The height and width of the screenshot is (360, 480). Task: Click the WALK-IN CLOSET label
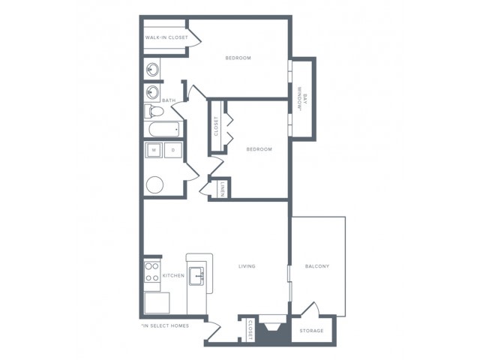tap(166, 37)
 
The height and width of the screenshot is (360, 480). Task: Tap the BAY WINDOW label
tap(301, 99)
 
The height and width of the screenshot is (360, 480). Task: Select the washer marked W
tap(154, 150)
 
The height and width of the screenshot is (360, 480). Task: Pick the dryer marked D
tap(173, 150)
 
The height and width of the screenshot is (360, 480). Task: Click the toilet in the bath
tap(154, 111)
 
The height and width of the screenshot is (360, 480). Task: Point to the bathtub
tap(164, 130)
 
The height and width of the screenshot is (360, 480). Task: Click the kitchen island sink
tap(196, 276)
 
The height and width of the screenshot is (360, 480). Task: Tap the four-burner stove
tap(152, 271)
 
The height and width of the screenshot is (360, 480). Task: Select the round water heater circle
tap(155, 184)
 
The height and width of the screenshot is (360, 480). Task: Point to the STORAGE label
tap(311, 331)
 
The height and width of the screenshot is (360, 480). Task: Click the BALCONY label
tap(317, 266)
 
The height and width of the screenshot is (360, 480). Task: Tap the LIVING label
tap(247, 266)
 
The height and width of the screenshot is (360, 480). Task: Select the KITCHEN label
tap(173, 275)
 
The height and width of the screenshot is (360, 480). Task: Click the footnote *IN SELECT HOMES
tap(165, 325)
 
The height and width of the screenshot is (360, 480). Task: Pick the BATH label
tap(169, 100)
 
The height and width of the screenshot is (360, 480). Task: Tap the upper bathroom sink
tap(152, 70)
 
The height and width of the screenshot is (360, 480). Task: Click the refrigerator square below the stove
tap(157, 303)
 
